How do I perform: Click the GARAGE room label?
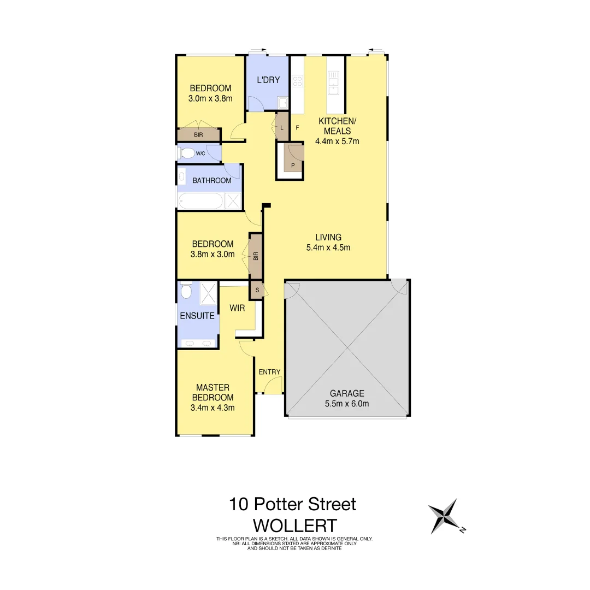346,393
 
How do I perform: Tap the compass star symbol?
443,516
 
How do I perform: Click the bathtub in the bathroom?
200,201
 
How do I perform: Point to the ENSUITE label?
197,316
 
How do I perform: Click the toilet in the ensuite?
186,291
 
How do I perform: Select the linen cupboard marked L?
281,127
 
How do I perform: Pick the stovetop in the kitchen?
298,82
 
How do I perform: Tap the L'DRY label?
268,80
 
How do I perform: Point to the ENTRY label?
269,372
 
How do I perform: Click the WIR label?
237,308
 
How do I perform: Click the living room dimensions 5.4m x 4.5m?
328,247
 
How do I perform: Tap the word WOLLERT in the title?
294,526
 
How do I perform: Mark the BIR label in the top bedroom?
198,134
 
